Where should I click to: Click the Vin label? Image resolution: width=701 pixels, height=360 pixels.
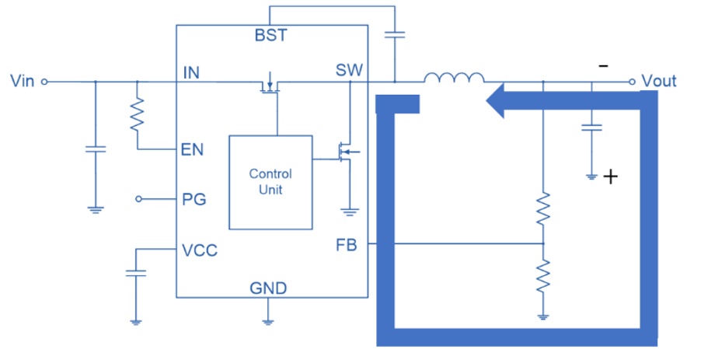(x=23, y=81)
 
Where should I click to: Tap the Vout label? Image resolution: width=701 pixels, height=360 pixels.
(x=658, y=81)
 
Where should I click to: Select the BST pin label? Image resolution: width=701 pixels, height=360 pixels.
(x=271, y=35)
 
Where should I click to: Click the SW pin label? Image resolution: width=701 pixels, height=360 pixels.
(x=349, y=70)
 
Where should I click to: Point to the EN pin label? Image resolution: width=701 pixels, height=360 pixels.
(x=192, y=149)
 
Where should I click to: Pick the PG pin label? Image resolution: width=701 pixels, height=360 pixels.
(x=194, y=199)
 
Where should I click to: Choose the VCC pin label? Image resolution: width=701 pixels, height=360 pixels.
(x=200, y=250)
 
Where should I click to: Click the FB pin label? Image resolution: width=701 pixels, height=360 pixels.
(x=347, y=245)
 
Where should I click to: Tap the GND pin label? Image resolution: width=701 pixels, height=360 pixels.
(x=268, y=288)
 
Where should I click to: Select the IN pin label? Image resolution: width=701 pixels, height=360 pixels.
(x=191, y=73)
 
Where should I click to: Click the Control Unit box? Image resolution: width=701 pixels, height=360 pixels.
(x=270, y=183)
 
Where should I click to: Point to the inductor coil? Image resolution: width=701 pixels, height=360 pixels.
(x=454, y=78)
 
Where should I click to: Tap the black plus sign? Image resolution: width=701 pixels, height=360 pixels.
(x=610, y=177)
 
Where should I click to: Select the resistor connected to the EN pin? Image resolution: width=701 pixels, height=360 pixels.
(x=138, y=115)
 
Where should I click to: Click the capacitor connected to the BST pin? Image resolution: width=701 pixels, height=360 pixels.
(x=395, y=34)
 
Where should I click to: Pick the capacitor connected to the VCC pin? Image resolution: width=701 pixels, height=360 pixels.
(x=136, y=273)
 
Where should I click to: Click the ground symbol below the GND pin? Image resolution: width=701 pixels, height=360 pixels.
(x=268, y=320)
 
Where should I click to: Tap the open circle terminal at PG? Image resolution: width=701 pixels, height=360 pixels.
(x=138, y=199)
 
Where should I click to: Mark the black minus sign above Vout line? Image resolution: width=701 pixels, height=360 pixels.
(x=604, y=66)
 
